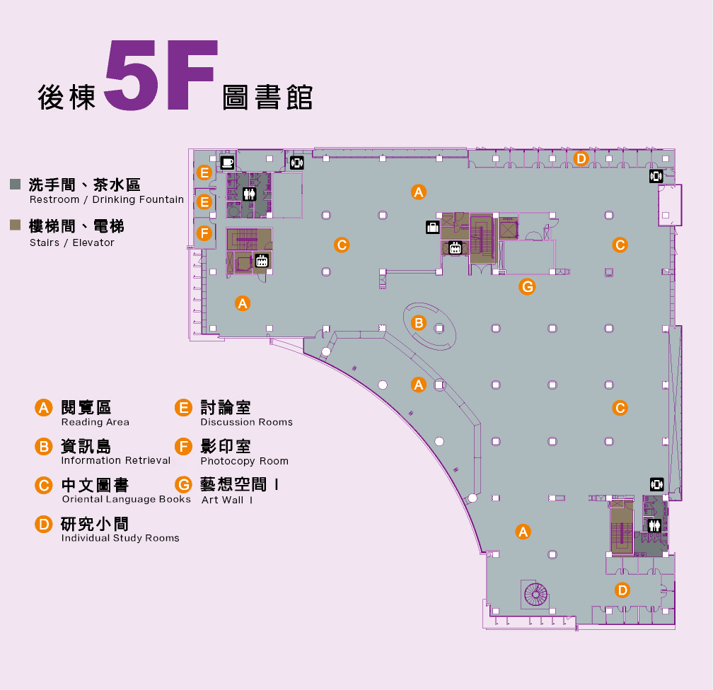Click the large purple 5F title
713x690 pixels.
coord(160,76)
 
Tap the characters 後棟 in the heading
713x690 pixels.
coord(66,98)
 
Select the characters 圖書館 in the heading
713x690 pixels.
coord(267,98)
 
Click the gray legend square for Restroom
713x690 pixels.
coord(15,185)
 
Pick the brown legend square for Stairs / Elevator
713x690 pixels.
coord(15,226)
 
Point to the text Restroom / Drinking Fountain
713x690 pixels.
coord(106,200)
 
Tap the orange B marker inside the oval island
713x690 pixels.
coord(419,323)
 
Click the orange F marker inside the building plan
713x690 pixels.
coord(204,233)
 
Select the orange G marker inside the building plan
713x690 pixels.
coord(526,286)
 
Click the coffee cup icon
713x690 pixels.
coord(228,162)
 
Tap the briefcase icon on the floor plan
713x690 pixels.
coord(432,227)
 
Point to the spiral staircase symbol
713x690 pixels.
coord(535,594)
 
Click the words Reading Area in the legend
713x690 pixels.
coord(95,423)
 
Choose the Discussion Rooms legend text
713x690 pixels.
coord(246,423)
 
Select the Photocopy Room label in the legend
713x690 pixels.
coord(244,462)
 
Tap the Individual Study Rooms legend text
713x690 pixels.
coord(120,539)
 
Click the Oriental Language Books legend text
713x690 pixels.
coord(126,500)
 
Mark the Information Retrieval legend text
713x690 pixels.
coord(116,461)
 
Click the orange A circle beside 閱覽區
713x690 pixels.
coord(44,408)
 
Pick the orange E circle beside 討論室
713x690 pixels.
coord(183,408)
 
